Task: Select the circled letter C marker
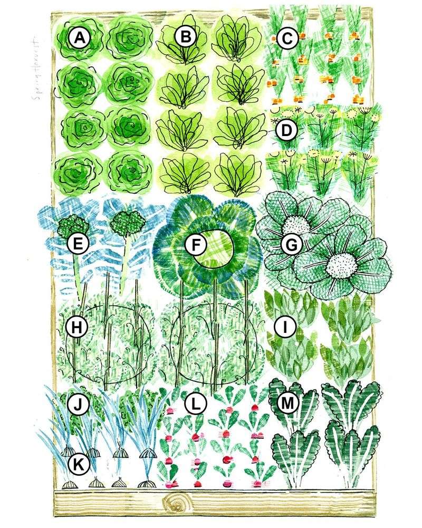point(286,37)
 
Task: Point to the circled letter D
point(286,131)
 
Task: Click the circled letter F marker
point(196,244)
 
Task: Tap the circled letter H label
point(78,327)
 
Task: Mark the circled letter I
point(285,327)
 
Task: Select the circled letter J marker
point(78,405)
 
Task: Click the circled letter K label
point(79,464)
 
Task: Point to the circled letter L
point(196,405)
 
